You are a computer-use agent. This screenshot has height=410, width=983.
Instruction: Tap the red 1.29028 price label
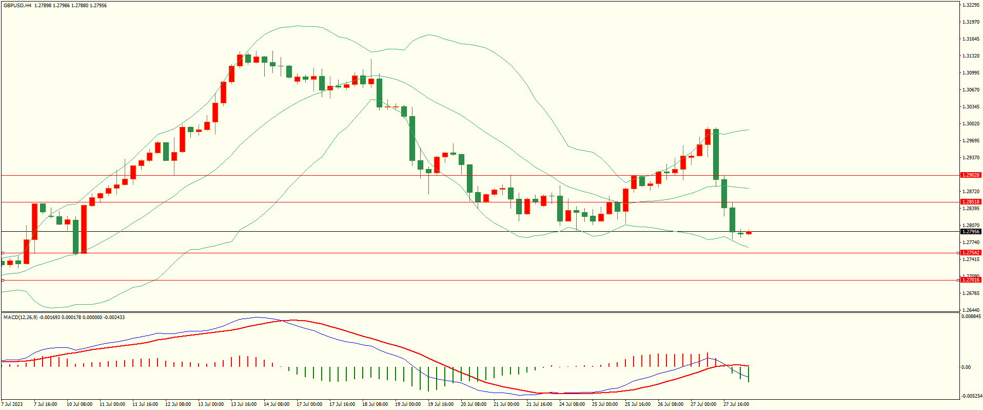point(970,175)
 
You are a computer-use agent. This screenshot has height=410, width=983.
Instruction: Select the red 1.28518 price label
point(970,202)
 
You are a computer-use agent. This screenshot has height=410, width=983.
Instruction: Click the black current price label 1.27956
point(970,232)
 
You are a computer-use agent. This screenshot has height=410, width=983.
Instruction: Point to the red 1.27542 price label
point(970,253)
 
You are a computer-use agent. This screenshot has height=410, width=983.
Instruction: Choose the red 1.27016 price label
point(970,280)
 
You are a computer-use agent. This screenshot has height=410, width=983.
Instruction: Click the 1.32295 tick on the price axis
point(971,5)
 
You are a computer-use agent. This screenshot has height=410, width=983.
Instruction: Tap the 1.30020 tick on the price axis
point(971,124)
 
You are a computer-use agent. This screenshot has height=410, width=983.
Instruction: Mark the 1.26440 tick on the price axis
point(971,310)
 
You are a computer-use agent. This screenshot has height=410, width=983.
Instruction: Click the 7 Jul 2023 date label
point(12,404)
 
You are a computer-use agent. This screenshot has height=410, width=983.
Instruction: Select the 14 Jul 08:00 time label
point(277,404)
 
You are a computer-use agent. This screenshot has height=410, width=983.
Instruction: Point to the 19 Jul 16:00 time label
point(441,404)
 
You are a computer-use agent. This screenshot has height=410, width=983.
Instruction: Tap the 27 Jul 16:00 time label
point(736,404)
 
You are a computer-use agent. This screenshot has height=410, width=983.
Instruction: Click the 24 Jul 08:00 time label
point(572,404)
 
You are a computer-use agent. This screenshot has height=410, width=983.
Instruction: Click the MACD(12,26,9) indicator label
point(21,318)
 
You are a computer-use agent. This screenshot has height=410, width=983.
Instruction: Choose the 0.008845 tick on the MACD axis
point(971,316)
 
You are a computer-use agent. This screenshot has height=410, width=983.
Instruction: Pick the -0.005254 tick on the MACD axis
point(971,396)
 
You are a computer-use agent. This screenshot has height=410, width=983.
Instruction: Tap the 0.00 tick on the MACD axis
point(966,367)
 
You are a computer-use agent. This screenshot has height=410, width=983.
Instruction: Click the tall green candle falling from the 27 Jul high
point(716,154)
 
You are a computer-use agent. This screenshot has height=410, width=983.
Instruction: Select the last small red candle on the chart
point(749,233)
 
